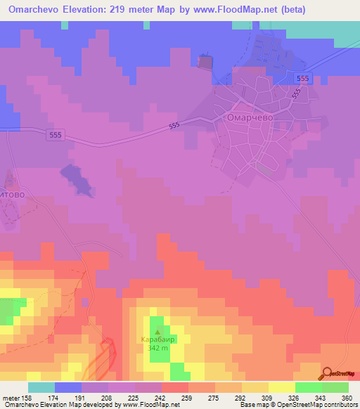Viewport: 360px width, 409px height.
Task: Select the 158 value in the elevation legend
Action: (29, 396)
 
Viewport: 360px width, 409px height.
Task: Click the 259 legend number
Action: (187, 396)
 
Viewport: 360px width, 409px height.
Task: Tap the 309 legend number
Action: (267, 396)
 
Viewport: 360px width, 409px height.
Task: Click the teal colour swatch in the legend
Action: (41, 387)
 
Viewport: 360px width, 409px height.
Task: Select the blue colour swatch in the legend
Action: (68, 387)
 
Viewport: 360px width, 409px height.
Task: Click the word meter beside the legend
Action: (11, 396)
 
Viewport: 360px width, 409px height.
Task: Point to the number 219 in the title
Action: (137, 9)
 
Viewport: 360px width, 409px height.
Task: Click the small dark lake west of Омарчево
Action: (78, 179)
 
